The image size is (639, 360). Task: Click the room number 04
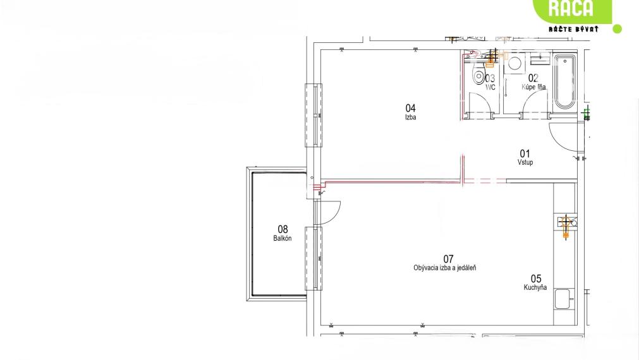click(x=410, y=108)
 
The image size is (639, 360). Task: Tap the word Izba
click(x=410, y=117)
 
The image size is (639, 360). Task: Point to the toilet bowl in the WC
click(x=478, y=76)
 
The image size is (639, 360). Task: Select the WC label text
click(x=490, y=87)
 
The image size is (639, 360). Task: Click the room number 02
click(x=533, y=78)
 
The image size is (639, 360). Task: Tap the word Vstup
click(x=525, y=162)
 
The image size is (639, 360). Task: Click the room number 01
click(x=525, y=153)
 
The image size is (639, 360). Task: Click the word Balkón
click(x=283, y=238)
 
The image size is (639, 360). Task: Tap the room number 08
click(x=283, y=229)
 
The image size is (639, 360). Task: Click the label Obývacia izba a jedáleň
click(x=444, y=268)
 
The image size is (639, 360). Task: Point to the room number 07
click(x=448, y=259)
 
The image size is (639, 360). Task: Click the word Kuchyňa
click(x=535, y=287)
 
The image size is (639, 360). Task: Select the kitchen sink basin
click(x=564, y=299)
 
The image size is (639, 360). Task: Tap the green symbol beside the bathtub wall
click(x=587, y=113)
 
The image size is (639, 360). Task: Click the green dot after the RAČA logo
click(x=618, y=29)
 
